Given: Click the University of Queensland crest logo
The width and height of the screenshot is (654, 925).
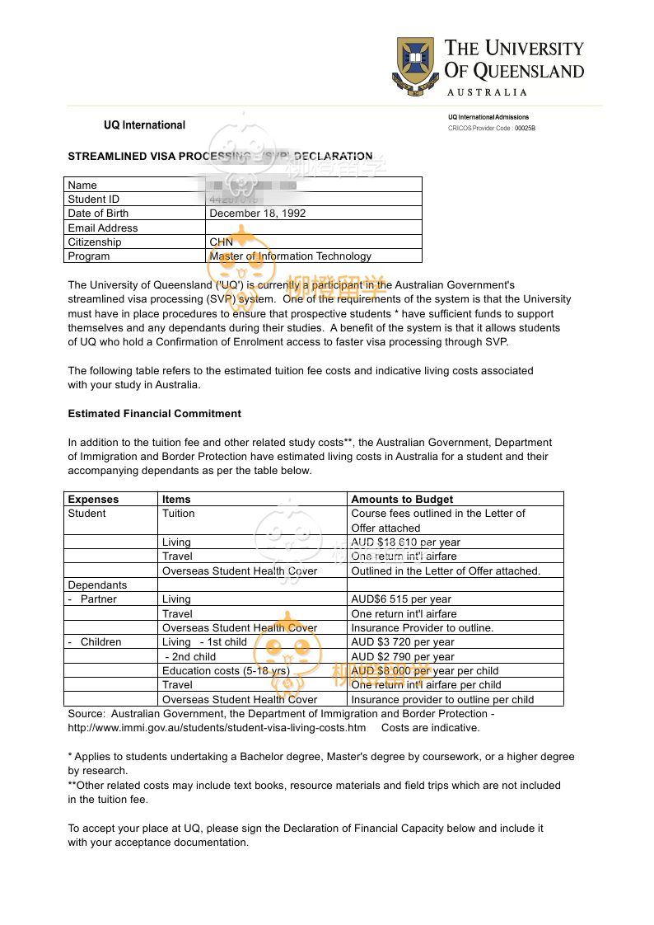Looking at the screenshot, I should coord(416,66).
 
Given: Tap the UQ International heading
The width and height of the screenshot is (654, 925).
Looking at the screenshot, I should coord(144,125).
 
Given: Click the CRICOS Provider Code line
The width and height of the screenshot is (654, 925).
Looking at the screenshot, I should coord(492,129).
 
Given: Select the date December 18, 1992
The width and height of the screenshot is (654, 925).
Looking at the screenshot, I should coord(258,214).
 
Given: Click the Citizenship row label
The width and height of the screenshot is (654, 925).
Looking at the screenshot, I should coord(95,242).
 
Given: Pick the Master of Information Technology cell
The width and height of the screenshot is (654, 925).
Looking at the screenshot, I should coord(291,256).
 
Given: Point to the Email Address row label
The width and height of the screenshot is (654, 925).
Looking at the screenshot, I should coord(103,228).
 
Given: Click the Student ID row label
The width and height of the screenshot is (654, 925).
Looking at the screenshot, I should coord(94,200).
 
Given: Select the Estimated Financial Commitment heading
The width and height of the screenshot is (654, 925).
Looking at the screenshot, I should coord(155,414).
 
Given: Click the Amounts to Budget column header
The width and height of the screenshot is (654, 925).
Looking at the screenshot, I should coord(402,500).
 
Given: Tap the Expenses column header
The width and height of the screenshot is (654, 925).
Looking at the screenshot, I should coord(93,500).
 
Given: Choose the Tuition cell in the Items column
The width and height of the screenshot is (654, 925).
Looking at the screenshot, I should coord(179,514).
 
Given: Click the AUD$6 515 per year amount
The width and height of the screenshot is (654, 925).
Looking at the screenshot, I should coord(401,599).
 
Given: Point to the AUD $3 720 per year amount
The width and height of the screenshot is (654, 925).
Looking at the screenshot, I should coord(403,642).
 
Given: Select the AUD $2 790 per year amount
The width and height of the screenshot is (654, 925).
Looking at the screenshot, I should coord(403,657).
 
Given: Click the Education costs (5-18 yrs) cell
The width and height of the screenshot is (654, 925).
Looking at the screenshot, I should coord(226,671).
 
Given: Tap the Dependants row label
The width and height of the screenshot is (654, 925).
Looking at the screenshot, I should coord(97,585).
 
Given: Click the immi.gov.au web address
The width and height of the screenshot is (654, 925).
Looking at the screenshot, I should coord(217,728).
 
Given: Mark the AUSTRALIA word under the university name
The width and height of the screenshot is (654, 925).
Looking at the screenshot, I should coord(487,92).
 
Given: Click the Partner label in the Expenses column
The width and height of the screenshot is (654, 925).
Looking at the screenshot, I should coord(99,599).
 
